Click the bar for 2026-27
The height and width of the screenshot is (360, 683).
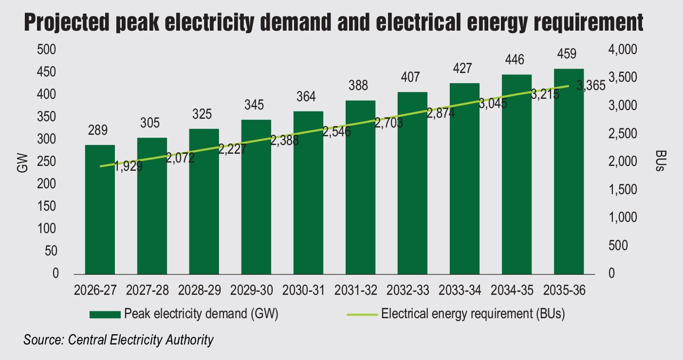tap(100, 210)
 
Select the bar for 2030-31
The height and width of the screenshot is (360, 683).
tap(308, 193)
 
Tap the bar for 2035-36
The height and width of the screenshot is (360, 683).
tap(569, 172)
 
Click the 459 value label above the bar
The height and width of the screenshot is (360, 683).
tap(567, 54)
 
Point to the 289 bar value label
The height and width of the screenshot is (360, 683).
tap(98, 130)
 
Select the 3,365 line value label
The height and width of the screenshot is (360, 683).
tap(591, 86)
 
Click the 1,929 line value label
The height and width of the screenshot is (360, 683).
tap(129, 166)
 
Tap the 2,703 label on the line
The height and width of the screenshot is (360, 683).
tap(389, 123)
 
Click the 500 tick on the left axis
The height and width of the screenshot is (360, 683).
tap(47, 50)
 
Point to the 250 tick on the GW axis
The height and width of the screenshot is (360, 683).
tap(47, 162)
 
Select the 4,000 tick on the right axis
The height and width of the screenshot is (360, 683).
tap(623, 50)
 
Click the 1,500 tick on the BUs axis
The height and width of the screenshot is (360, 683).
tap(623, 190)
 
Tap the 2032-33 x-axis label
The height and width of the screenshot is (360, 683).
tap(408, 290)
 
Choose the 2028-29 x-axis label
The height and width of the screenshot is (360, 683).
tap(200, 290)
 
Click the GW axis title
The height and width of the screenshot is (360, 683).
tap(22, 163)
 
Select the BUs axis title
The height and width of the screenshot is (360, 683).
tap(661, 161)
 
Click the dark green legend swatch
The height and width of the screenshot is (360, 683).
tap(105, 315)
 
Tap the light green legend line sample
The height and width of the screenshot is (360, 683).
tap(362, 314)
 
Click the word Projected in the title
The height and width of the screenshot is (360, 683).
tap(67, 23)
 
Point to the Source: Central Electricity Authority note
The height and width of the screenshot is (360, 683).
tap(119, 340)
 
